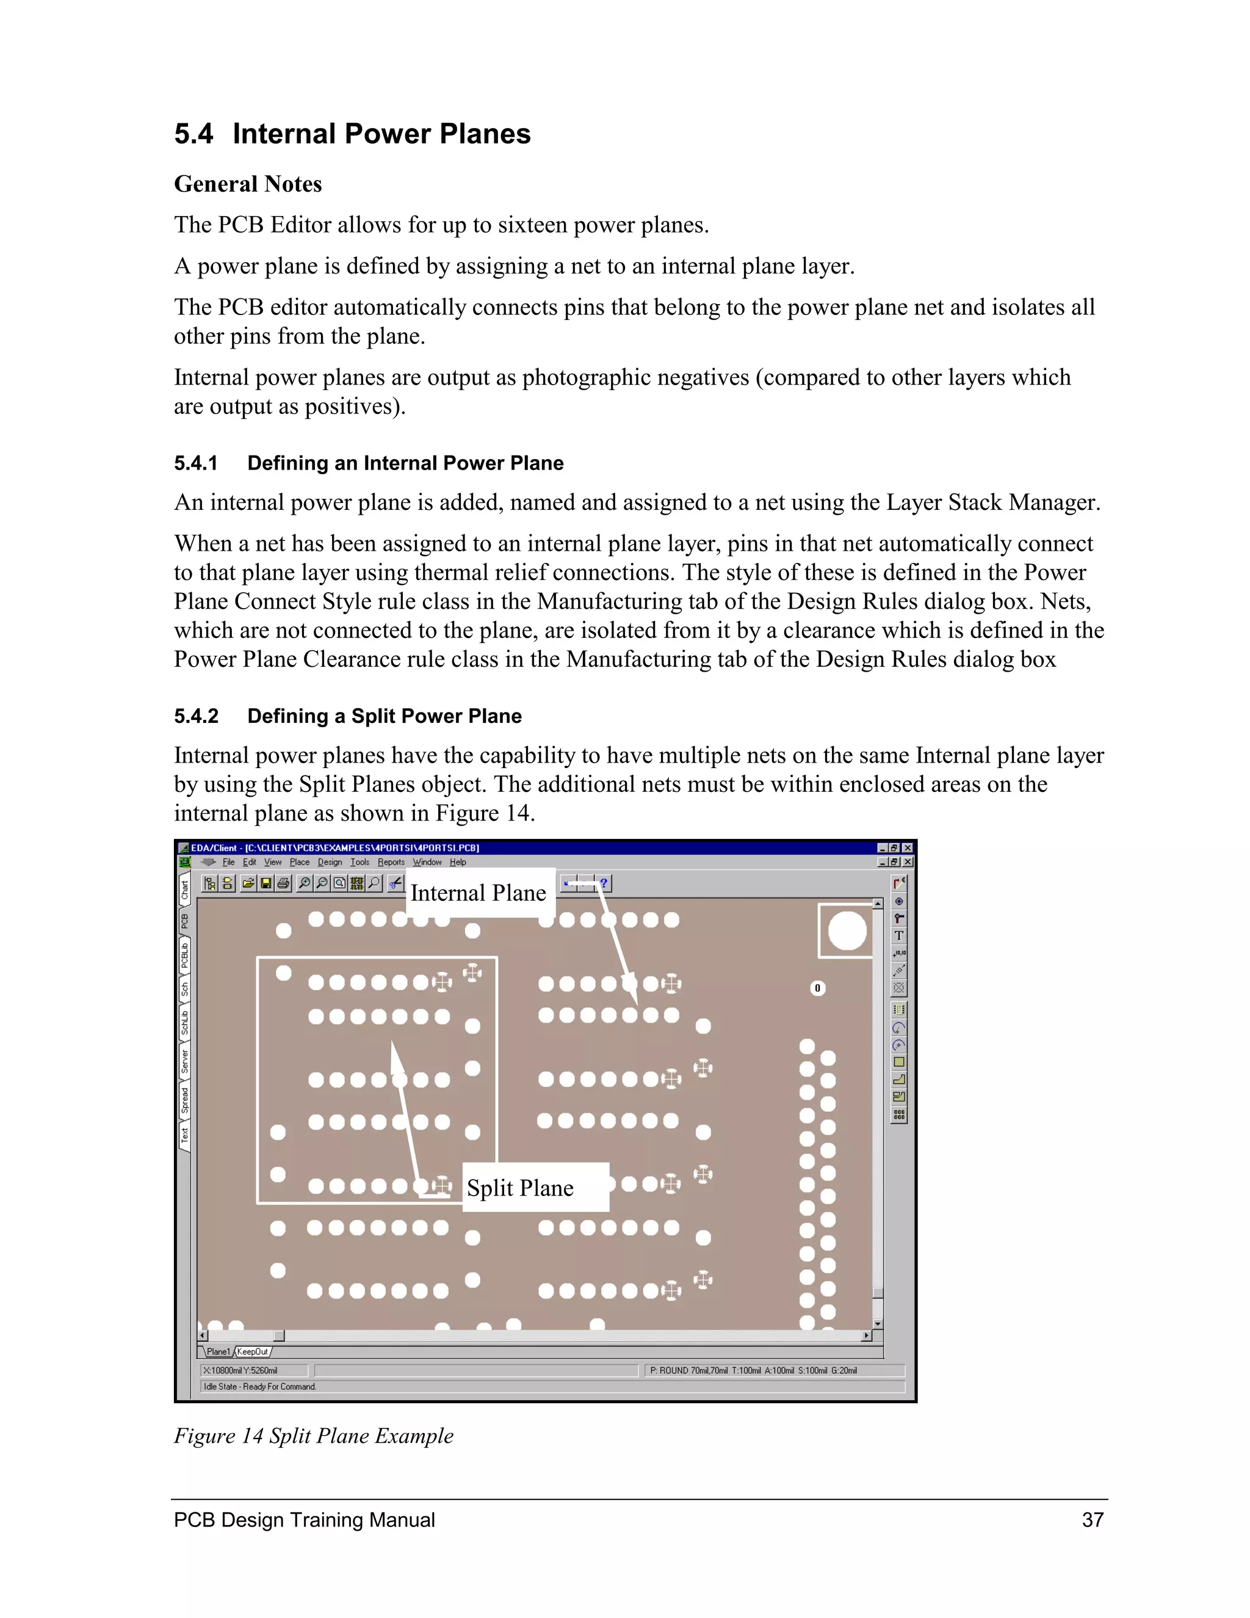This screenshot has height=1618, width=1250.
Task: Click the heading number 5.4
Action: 193,134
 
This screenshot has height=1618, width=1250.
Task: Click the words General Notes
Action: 247,184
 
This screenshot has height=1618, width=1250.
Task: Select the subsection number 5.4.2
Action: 195,716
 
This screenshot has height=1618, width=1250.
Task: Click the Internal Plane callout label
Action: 479,893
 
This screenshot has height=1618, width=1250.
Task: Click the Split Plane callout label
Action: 521,1188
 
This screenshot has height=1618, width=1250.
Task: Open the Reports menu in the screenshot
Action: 391,862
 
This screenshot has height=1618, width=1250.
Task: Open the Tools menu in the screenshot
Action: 360,862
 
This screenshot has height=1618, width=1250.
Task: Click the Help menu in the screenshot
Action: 458,862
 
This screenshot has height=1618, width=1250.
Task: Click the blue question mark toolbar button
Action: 604,883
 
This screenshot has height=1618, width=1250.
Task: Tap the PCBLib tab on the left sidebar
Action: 185,956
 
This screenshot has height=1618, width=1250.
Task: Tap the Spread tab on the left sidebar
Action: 185,1101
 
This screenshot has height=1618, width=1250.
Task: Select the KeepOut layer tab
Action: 253,1352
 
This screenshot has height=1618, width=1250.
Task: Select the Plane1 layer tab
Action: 219,1352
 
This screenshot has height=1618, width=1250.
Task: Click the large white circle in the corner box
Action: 847,931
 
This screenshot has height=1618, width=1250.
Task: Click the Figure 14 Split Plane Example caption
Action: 313,1436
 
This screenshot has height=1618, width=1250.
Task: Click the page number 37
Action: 1093,1520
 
